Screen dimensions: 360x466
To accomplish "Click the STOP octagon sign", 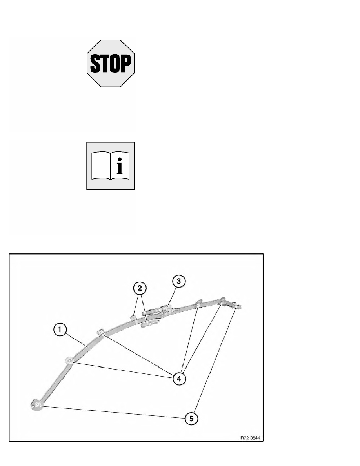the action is point(111,63).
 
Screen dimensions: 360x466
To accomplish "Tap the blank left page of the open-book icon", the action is point(101,166).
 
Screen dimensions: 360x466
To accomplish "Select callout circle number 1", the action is point(60,330).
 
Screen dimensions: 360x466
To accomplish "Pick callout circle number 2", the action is point(140,288).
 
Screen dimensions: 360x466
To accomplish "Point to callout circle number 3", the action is point(178,281).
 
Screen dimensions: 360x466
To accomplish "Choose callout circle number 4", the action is point(179,379).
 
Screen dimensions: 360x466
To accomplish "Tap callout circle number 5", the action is point(191,419).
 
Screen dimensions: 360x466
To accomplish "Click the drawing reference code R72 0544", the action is point(250,437).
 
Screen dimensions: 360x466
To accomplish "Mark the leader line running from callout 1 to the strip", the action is point(76,339).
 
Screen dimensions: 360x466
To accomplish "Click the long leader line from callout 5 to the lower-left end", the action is point(113,411).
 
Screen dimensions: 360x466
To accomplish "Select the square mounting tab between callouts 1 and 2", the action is point(101,332).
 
